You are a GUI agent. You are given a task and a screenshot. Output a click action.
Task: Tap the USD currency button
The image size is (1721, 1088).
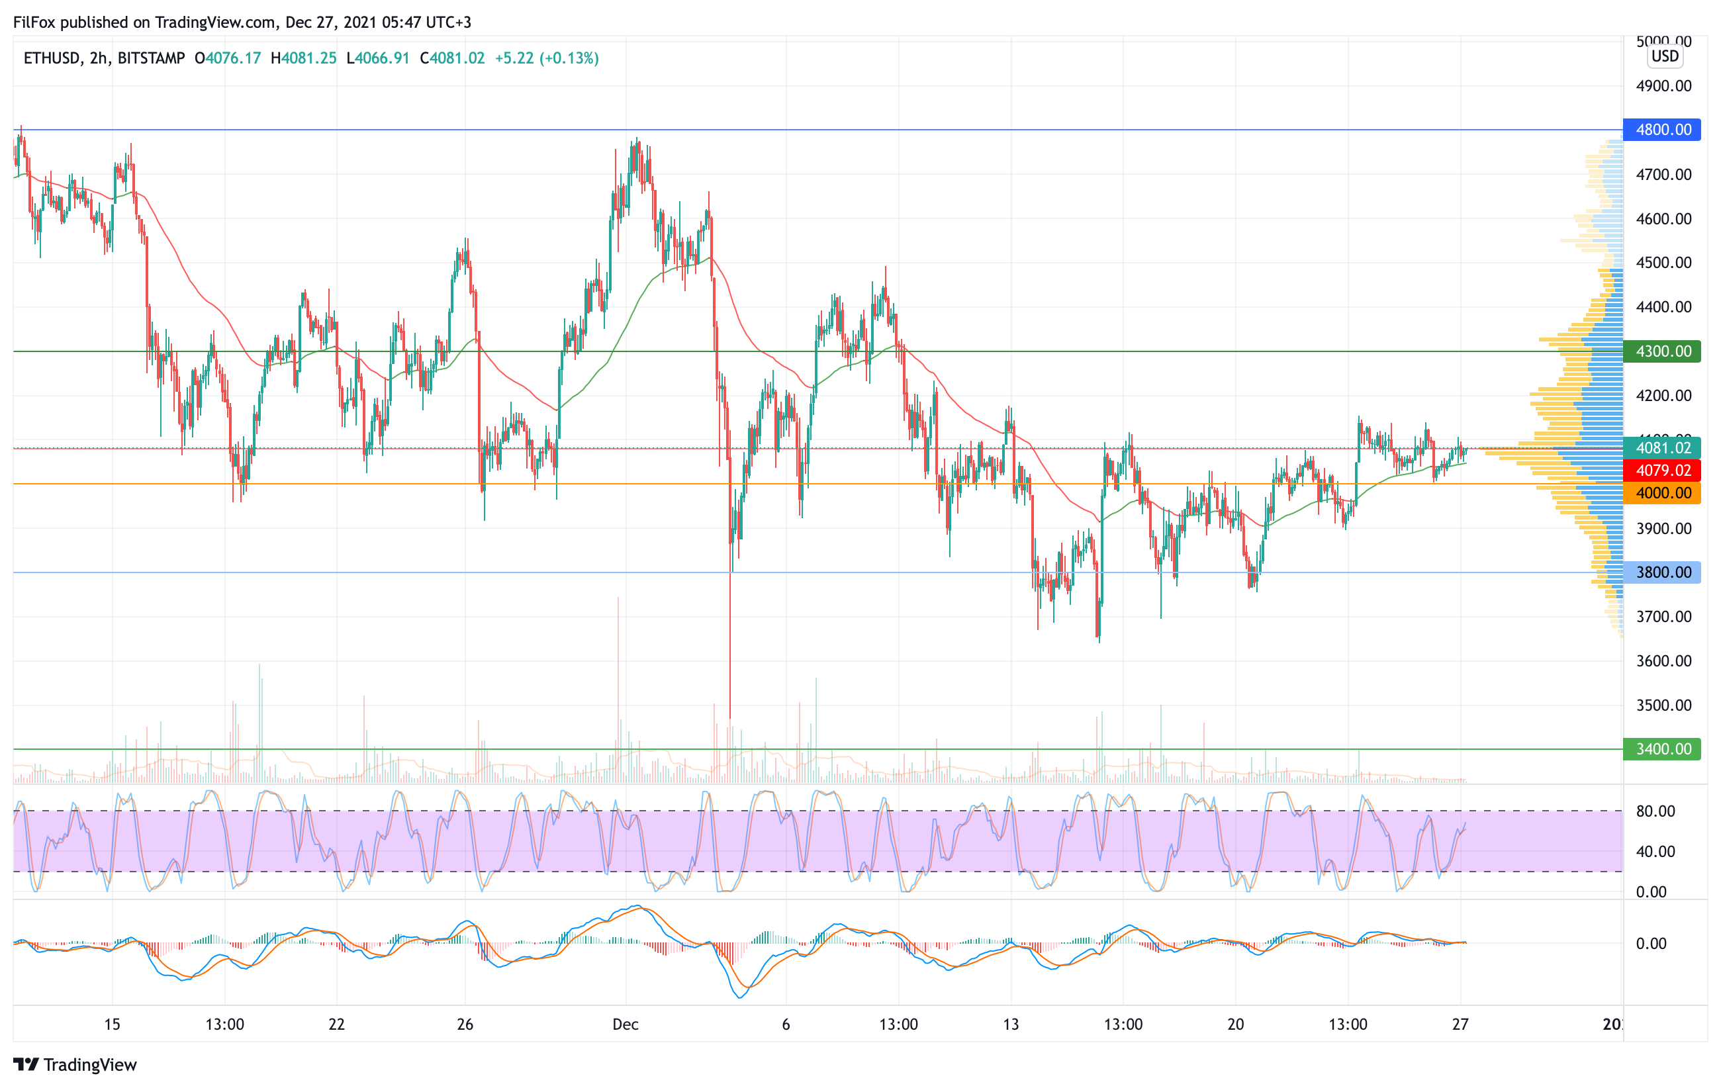click(1665, 56)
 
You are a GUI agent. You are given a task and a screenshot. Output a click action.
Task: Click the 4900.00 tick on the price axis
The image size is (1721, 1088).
click(1664, 86)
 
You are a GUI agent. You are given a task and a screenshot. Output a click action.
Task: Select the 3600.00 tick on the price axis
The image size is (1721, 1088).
click(1664, 660)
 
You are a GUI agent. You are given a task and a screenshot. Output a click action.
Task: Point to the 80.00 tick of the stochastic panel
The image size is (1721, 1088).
click(1655, 811)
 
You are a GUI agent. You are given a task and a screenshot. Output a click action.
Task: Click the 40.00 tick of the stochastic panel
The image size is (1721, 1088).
click(1655, 852)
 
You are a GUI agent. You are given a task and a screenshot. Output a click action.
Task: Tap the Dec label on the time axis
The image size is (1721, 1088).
click(626, 1024)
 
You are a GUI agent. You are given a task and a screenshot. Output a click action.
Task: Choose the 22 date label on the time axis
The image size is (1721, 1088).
click(337, 1024)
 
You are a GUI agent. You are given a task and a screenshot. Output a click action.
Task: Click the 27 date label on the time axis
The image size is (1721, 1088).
click(1460, 1024)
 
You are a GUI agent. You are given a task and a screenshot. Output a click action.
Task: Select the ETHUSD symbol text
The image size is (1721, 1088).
click(52, 58)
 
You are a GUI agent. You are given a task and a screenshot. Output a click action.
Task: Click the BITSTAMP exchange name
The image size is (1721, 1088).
click(151, 58)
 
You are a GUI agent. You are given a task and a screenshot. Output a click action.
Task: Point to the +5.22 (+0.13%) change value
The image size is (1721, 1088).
click(547, 58)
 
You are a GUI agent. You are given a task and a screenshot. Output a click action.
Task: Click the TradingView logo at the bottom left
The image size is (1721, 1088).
click(75, 1064)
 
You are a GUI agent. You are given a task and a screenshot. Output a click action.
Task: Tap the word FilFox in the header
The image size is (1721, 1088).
click(34, 22)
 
